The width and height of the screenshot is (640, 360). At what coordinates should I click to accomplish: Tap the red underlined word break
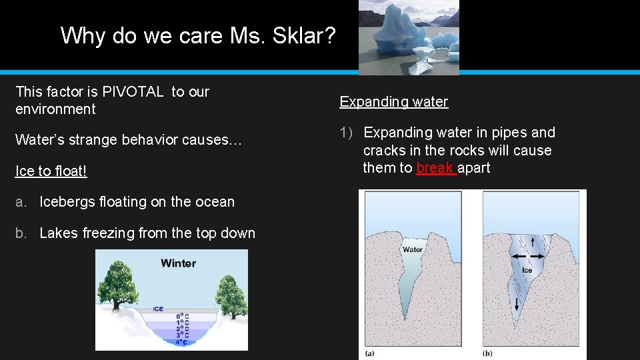pos(435,168)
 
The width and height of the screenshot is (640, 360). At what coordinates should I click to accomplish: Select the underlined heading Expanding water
pos(393,102)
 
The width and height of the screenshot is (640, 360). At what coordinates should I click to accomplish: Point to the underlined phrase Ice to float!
pos(51,171)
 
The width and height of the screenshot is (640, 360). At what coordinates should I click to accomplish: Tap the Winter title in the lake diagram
pos(178,263)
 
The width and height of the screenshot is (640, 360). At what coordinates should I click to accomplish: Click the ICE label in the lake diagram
pos(158,309)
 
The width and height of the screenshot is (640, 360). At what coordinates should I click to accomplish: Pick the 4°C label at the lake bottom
pos(181,342)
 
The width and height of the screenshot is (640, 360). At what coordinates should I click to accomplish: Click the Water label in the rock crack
pos(412,249)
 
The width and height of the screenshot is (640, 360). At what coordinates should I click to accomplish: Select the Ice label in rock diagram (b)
pos(527,270)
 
